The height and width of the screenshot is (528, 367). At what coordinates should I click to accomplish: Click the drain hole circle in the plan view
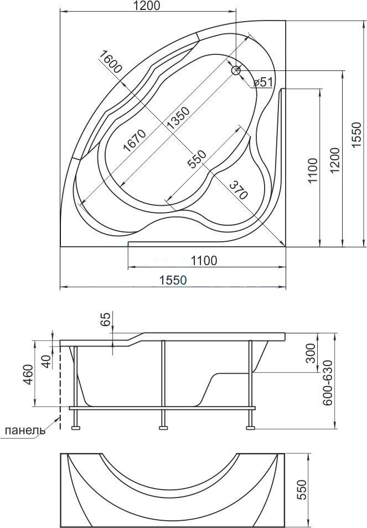[236, 70]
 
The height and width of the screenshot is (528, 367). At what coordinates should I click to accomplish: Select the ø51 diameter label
[262, 82]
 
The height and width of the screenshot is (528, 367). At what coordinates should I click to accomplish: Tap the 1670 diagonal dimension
[135, 140]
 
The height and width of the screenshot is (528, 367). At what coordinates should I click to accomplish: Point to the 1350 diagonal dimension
[178, 119]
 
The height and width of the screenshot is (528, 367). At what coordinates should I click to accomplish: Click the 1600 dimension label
[110, 62]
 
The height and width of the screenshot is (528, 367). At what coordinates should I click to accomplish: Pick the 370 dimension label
[239, 190]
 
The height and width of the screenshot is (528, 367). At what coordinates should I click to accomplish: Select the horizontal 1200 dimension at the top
[148, 6]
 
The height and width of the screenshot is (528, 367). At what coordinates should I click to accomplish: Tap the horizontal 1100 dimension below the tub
[204, 260]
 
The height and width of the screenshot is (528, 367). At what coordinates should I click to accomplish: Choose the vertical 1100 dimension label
[312, 170]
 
